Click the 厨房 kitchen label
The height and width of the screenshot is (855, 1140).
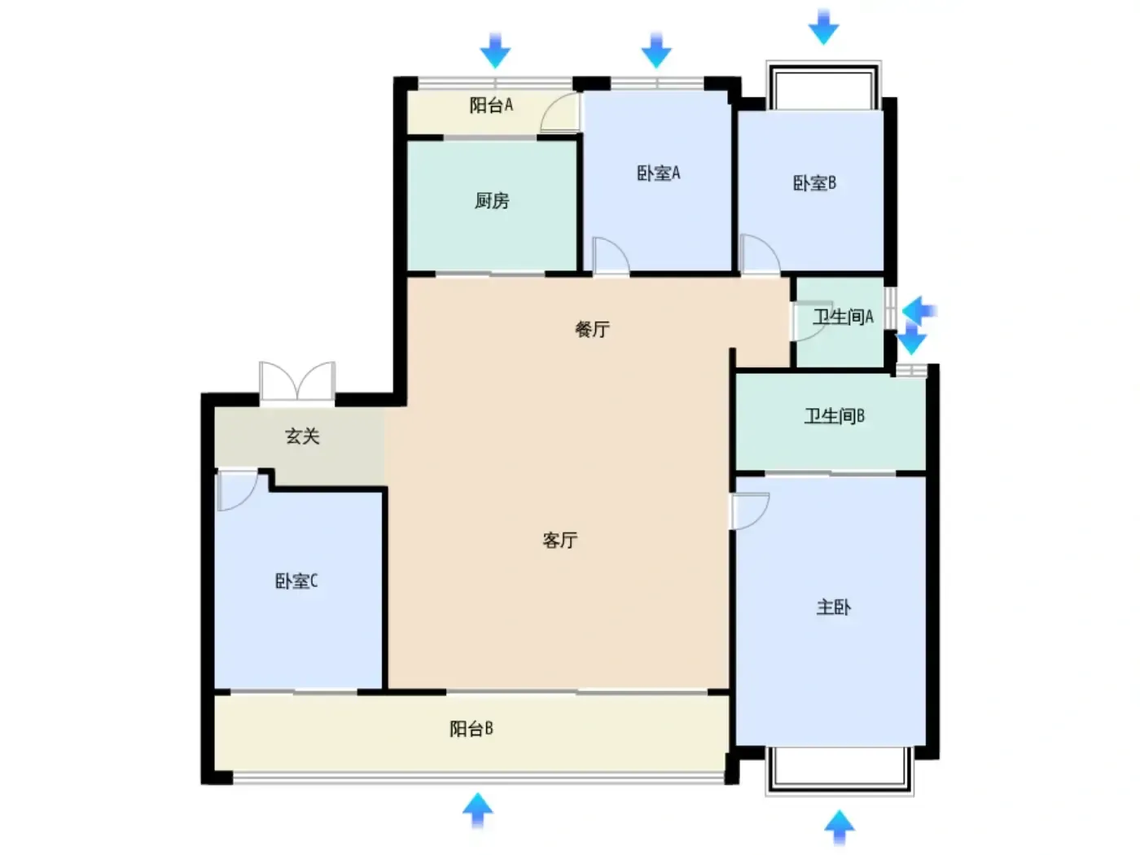pyautogui.click(x=491, y=200)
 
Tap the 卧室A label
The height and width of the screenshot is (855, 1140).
pyautogui.click(x=657, y=173)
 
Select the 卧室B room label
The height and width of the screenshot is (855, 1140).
pyautogui.click(x=813, y=182)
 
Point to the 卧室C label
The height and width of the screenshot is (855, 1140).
pyautogui.click(x=296, y=581)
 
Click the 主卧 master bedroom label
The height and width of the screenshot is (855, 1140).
pyautogui.click(x=832, y=607)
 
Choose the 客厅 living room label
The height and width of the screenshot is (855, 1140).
pyautogui.click(x=559, y=540)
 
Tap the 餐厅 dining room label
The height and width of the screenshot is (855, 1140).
pyautogui.click(x=591, y=329)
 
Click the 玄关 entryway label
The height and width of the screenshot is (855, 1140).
pyautogui.click(x=302, y=436)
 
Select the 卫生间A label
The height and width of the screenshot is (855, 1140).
pyautogui.click(x=843, y=317)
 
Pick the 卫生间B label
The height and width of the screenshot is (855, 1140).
pyautogui.click(x=834, y=416)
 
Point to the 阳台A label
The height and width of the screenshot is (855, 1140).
pyautogui.click(x=491, y=105)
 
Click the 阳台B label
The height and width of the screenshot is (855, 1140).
pyautogui.click(x=471, y=729)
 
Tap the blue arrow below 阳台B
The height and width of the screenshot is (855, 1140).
pyautogui.click(x=477, y=810)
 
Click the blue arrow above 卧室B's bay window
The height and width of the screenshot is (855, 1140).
pyautogui.click(x=823, y=27)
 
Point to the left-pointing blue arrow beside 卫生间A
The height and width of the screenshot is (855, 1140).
pyautogui.click(x=919, y=311)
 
